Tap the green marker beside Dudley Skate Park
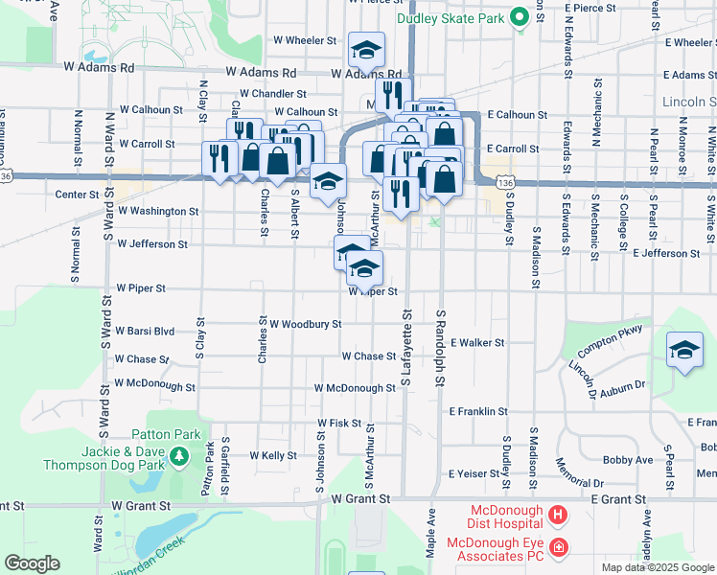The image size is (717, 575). pos(519,16)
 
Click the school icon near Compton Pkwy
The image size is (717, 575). pos(684,351)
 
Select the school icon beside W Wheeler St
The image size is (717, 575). pos(364,49)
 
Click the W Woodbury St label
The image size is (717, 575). pos(305,325)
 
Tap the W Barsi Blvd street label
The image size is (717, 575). pos(145,332)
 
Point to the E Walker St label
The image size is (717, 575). pos(477,342)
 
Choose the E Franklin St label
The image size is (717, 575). pos(478,411)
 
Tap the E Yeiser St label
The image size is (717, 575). pos(475,474)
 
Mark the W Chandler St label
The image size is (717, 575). pos(273,94)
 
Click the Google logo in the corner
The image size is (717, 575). pos(32,563)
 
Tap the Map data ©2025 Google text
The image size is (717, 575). pos(657,567)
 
